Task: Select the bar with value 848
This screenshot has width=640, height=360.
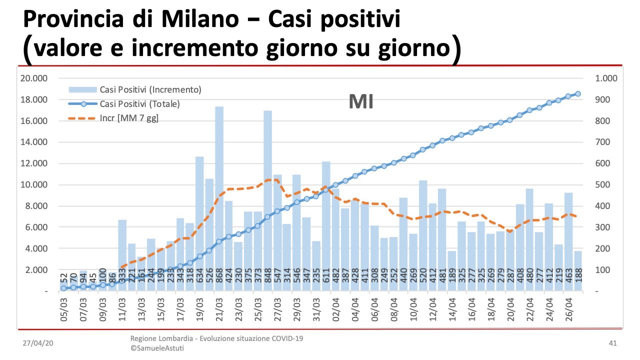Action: [x=267, y=200]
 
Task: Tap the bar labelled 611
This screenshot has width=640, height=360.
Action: [x=326, y=225]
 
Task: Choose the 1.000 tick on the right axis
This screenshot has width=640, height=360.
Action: [x=605, y=78]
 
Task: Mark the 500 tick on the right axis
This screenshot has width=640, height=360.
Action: [x=602, y=185]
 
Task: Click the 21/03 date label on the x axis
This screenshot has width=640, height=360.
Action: [x=219, y=310]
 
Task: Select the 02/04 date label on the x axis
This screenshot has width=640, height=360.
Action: [x=335, y=310]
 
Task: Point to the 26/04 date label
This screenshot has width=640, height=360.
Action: [x=568, y=310]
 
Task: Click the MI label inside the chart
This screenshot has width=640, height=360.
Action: [x=361, y=102]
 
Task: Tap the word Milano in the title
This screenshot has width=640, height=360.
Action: [x=207, y=20]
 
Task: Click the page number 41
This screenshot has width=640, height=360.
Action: [x=612, y=343]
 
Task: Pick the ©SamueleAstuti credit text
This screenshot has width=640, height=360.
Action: [x=156, y=348]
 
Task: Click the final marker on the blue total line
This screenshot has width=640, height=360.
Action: [x=578, y=94]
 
